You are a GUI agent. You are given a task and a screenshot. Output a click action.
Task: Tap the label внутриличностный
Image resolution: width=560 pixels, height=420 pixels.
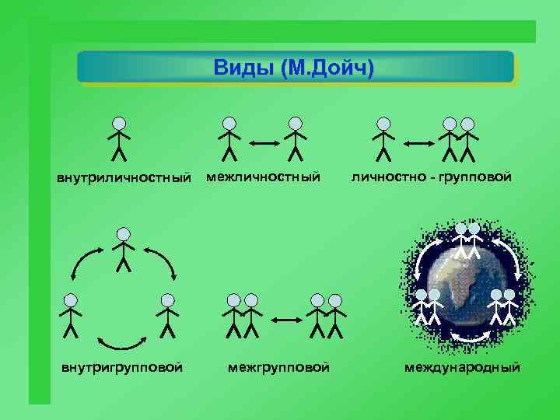pyautogui.click(x=124, y=179)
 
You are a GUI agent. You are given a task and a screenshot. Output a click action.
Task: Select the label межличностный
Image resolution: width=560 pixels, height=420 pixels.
pyautogui.click(x=263, y=178)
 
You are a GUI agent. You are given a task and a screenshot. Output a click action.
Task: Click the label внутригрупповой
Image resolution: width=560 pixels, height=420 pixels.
pyautogui.click(x=122, y=366)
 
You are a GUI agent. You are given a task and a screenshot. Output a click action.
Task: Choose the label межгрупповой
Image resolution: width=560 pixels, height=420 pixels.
pyautogui.click(x=278, y=366)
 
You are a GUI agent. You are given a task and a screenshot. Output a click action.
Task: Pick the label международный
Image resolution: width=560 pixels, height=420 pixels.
pyautogui.click(x=462, y=366)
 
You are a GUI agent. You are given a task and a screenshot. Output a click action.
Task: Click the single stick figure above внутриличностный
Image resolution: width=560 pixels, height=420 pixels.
pyautogui.click(x=119, y=138)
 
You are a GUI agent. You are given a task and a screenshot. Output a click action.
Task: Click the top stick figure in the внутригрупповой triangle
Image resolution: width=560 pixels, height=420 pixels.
pyautogui.click(x=123, y=249)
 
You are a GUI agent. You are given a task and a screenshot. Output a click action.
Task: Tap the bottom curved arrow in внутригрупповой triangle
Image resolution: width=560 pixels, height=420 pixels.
pyautogui.click(x=123, y=341)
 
